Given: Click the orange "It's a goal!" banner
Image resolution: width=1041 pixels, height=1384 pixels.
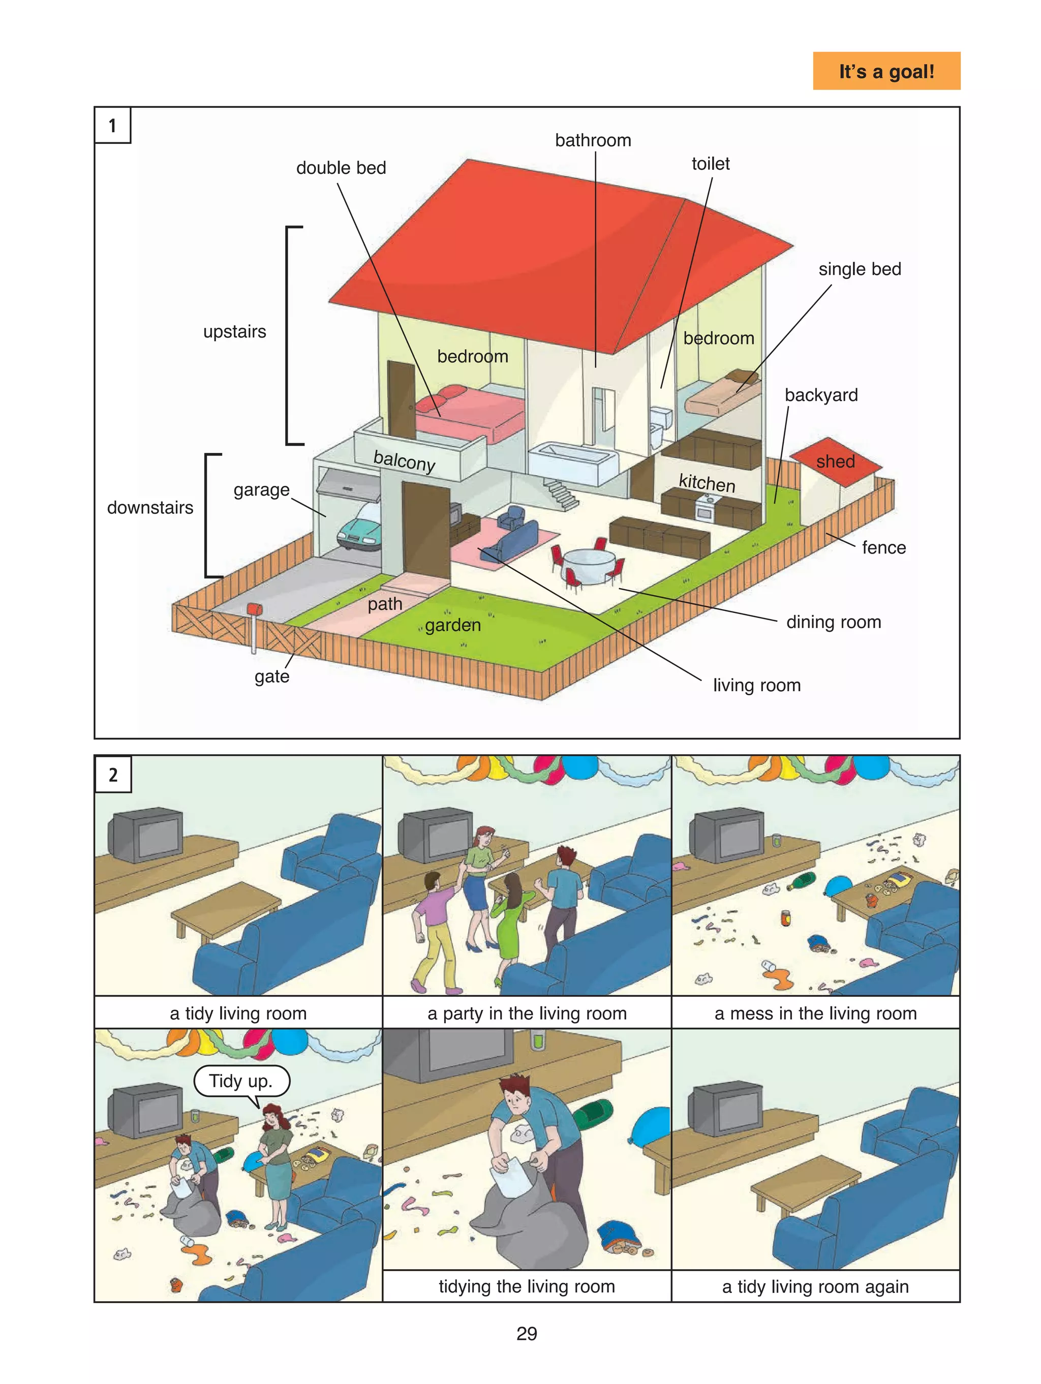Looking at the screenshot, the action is point(886,71).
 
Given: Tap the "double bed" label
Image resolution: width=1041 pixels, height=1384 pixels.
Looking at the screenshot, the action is point(341,168).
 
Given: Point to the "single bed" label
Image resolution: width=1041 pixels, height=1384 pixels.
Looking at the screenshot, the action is point(860,269).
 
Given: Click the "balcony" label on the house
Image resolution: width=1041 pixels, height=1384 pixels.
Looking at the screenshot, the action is point(404,460).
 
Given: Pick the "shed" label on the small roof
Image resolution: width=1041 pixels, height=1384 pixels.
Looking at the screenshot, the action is point(835,461).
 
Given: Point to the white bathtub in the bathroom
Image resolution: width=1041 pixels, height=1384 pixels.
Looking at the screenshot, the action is point(573,462).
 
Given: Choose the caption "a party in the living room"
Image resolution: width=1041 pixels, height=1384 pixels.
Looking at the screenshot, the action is point(527,1013).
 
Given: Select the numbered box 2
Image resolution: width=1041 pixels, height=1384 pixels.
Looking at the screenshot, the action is point(113,775).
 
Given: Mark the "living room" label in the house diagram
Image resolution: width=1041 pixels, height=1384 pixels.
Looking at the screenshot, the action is point(757,685).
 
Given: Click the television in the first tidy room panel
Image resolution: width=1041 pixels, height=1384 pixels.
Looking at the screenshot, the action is point(146,835).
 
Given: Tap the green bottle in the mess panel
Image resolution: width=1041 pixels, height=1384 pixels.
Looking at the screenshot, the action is point(802,881).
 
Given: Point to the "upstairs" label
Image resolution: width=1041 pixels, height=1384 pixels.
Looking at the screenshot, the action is point(235,331).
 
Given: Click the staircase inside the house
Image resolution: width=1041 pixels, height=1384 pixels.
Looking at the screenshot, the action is point(561,494).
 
